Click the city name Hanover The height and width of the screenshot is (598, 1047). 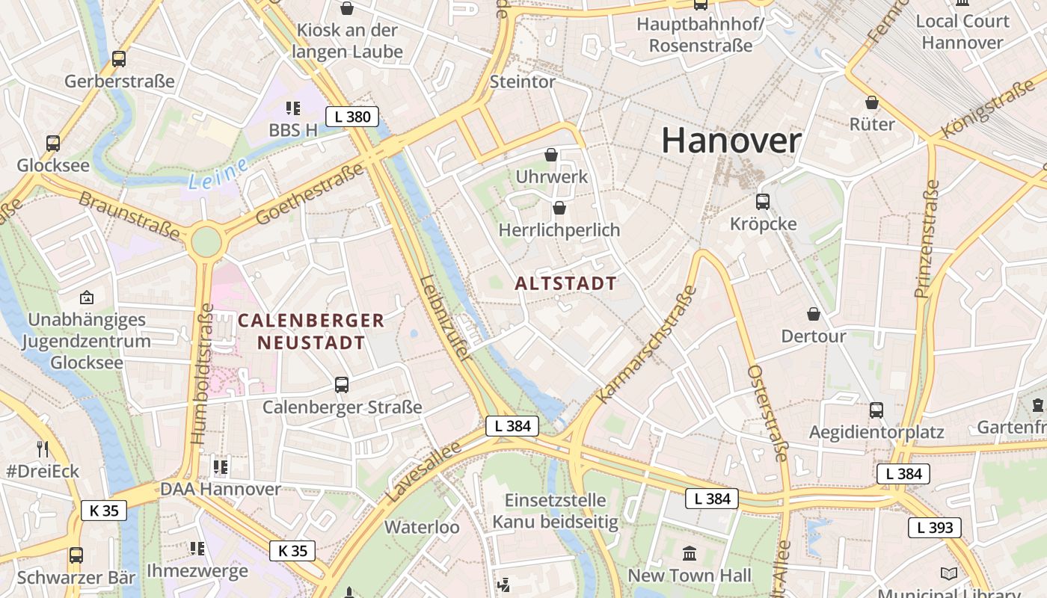(731, 141)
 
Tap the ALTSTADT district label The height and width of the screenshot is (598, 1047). (566, 283)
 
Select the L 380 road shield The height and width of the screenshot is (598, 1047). (352, 117)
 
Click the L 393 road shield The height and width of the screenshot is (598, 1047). (935, 528)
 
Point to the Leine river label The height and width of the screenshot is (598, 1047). (218, 174)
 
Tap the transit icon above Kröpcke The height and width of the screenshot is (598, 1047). (763, 202)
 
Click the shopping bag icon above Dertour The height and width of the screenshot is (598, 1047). (814, 315)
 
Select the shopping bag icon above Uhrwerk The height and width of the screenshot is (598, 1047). (551, 155)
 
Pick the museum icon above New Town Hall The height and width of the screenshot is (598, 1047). (690, 554)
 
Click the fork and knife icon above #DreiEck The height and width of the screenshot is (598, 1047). (43, 449)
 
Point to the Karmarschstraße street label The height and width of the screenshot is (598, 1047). (648, 345)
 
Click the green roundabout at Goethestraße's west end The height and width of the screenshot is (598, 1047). (206, 241)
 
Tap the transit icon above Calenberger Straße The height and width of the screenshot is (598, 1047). (342, 385)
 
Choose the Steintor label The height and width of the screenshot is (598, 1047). (523, 81)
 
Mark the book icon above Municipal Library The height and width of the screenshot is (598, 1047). (949, 573)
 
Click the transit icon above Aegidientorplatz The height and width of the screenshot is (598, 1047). (876, 410)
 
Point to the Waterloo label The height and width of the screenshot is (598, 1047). (422, 527)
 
